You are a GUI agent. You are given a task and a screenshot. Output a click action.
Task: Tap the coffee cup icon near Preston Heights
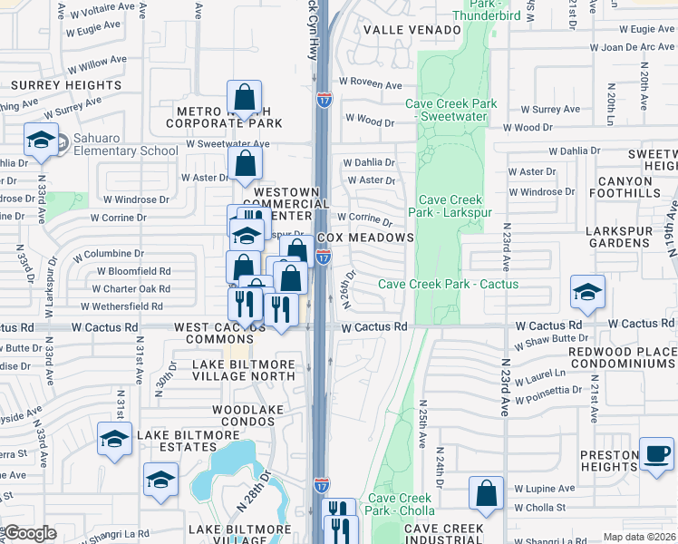[655, 453]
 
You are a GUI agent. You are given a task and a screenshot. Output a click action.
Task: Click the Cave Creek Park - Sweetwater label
[450, 111]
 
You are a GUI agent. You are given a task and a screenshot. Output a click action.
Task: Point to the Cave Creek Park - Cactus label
[448, 284]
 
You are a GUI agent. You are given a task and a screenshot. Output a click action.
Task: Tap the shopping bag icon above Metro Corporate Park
[245, 96]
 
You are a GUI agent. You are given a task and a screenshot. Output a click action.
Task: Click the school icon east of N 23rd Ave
[587, 292]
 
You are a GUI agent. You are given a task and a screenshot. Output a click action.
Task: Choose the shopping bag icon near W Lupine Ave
[487, 494]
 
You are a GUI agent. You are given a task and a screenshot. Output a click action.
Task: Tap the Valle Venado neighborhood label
[412, 30]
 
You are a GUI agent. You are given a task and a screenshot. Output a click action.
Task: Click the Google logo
[30, 533]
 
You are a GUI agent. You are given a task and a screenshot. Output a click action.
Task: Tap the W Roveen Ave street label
[371, 85]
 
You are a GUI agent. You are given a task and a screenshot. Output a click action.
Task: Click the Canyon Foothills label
[636, 187]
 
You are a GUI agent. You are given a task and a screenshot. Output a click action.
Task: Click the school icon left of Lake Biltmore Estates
[114, 439]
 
